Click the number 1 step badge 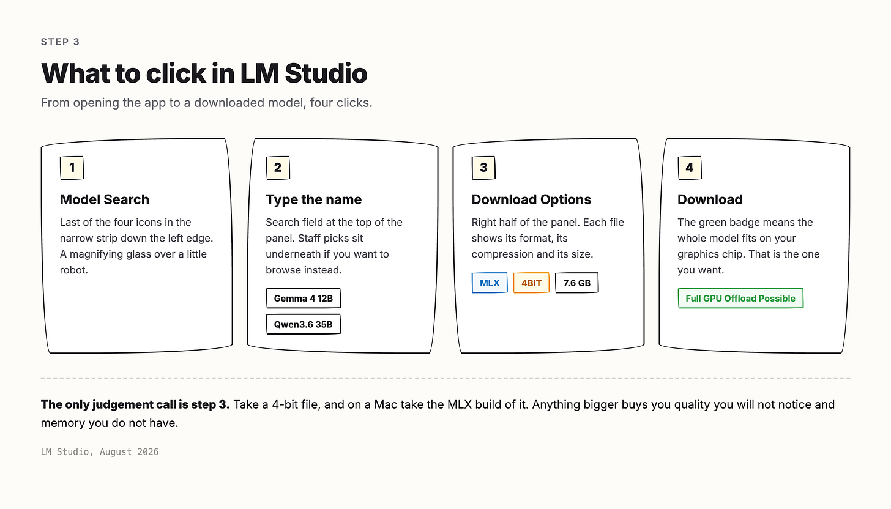pyautogui.click(x=72, y=168)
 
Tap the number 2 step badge pyautogui.click(x=278, y=168)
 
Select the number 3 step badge pyautogui.click(x=483, y=168)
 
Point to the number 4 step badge pyautogui.click(x=689, y=168)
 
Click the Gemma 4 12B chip pyautogui.click(x=303, y=299)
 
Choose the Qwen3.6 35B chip pyautogui.click(x=303, y=324)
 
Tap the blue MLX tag pyautogui.click(x=490, y=283)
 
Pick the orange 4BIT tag pyautogui.click(x=531, y=283)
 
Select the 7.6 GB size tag pyautogui.click(x=576, y=283)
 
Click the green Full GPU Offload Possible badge pyautogui.click(x=740, y=299)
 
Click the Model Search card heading pyautogui.click(x=105, y=199)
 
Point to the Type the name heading pyautogui.click(x=314, y=199)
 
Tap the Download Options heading pyautogui.click(x=531, y=199)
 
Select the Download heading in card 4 pyautogui.click(x=710, y=199)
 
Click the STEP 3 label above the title pyautogui.click(x=61, y=42)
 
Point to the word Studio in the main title pyautogui.click(x=326, y=73)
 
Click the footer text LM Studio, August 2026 pyautogui.click(x=100, y=451)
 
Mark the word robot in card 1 pyautogui.click(x=73, y=270)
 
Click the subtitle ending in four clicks pyautogui.click(x=206, y=103)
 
